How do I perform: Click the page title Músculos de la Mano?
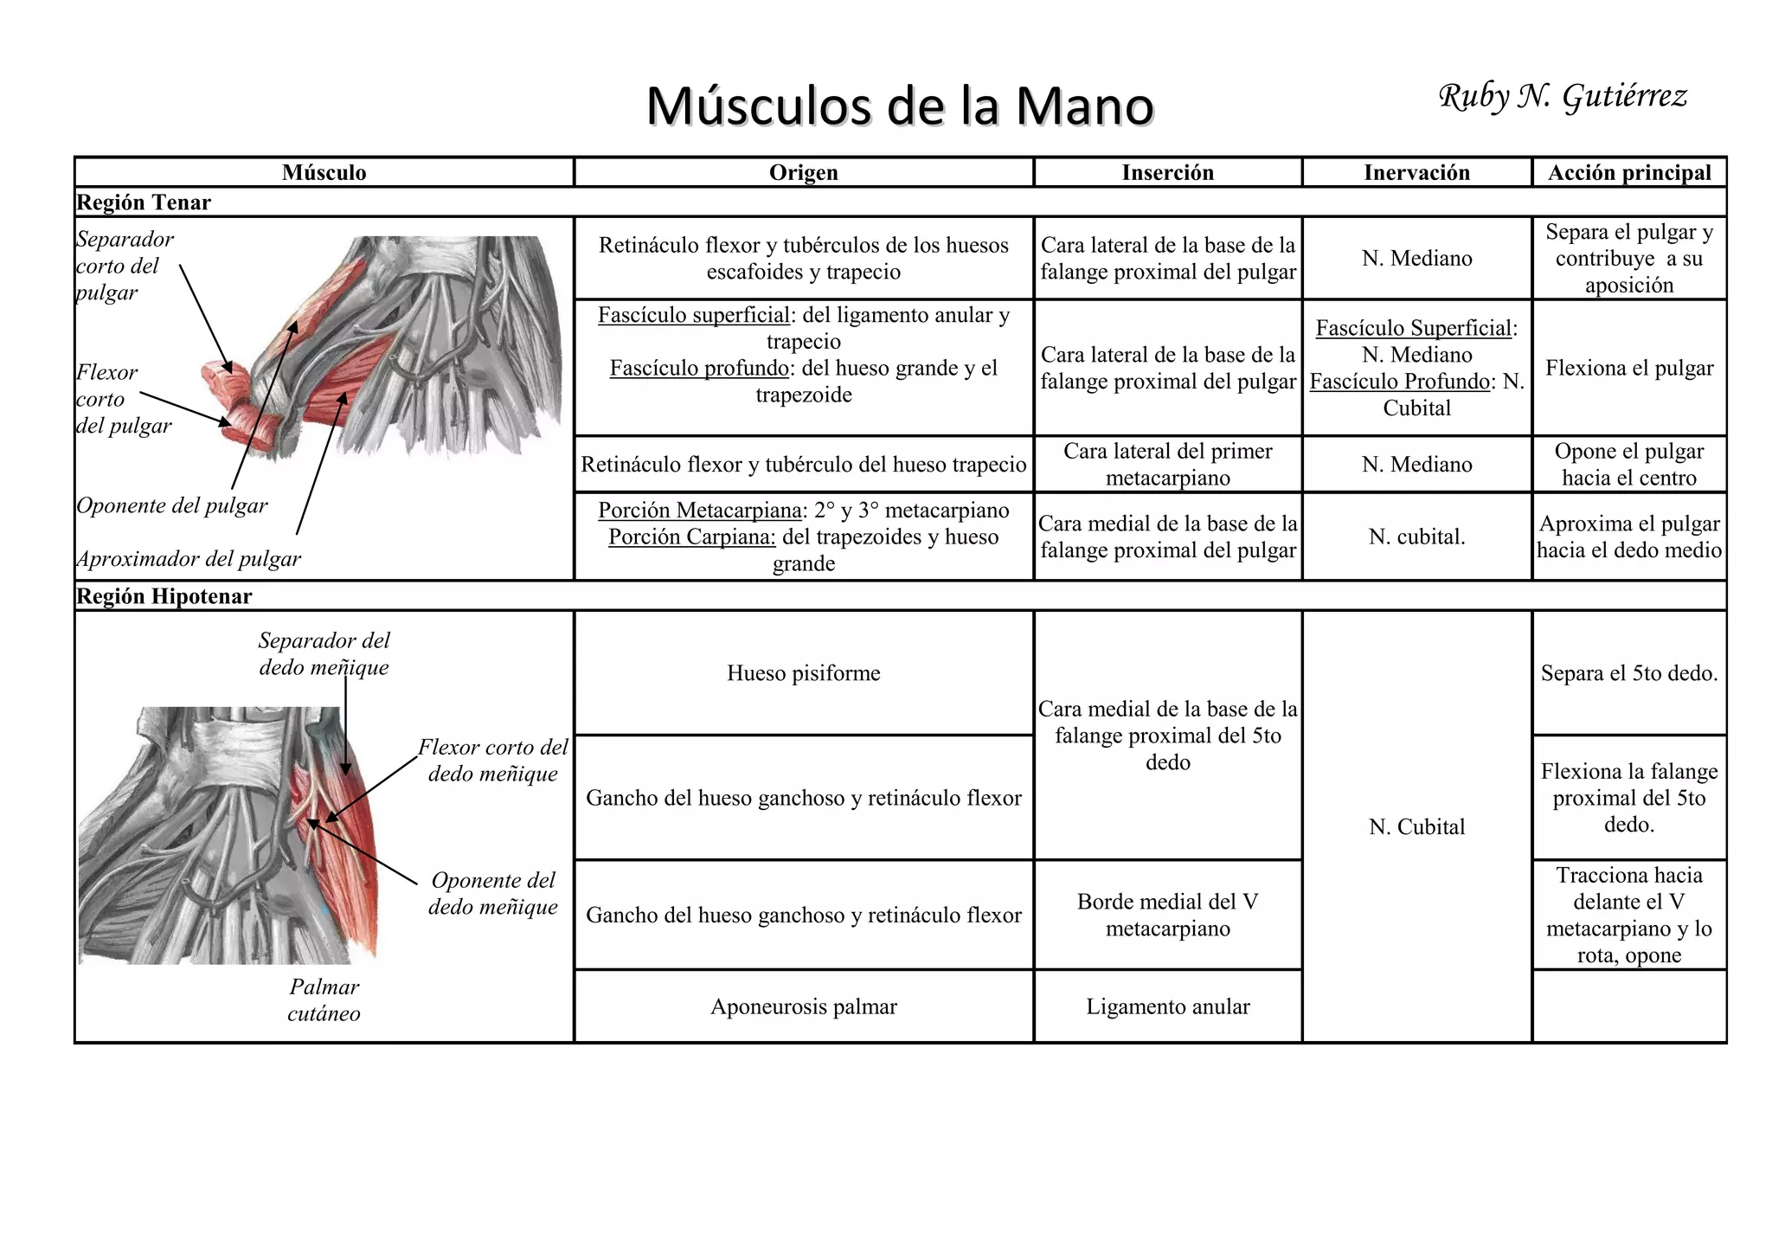pyautogui.click(x=900, y=106)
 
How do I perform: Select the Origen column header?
pyautogui.click(x=803, y=172)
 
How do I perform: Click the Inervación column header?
pyautogui.click(x=1416, y=172)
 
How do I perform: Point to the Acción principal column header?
pyautogui.click(x=1628, y=172)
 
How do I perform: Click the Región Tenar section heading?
pyautogui.click(x=144, y=202)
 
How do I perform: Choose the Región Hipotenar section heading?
pyautogui.click(x=164, y=596)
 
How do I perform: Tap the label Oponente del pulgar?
pyautogui.click(x=172, y=505)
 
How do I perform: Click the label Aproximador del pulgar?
pyautogui.click(x=189, y=559)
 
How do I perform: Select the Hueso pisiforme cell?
pyautogui.click(x=803, y=673)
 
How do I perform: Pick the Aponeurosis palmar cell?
pyautogui.click(x=803, y=1006)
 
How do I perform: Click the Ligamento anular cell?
pyautogui.click(x=1167, y=1006)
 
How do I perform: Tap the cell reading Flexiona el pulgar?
pyautogui.click(x=1628, y=368)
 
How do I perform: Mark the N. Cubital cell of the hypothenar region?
pyautogui.click(x=1416, y=827)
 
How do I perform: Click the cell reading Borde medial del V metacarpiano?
pyautogui.click(x=1167, y=915)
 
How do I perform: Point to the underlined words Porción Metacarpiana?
pyautogui.click(x=700, y=511)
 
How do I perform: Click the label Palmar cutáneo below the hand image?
pyautogui.click(x=324, y=1000)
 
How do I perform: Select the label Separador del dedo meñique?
pyautogui.click(x=324, y=653)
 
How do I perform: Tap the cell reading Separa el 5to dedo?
pyautogui.click(x=1628, y=673)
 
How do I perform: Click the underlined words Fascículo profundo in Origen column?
pyautogui.click(x=699, y=369)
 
